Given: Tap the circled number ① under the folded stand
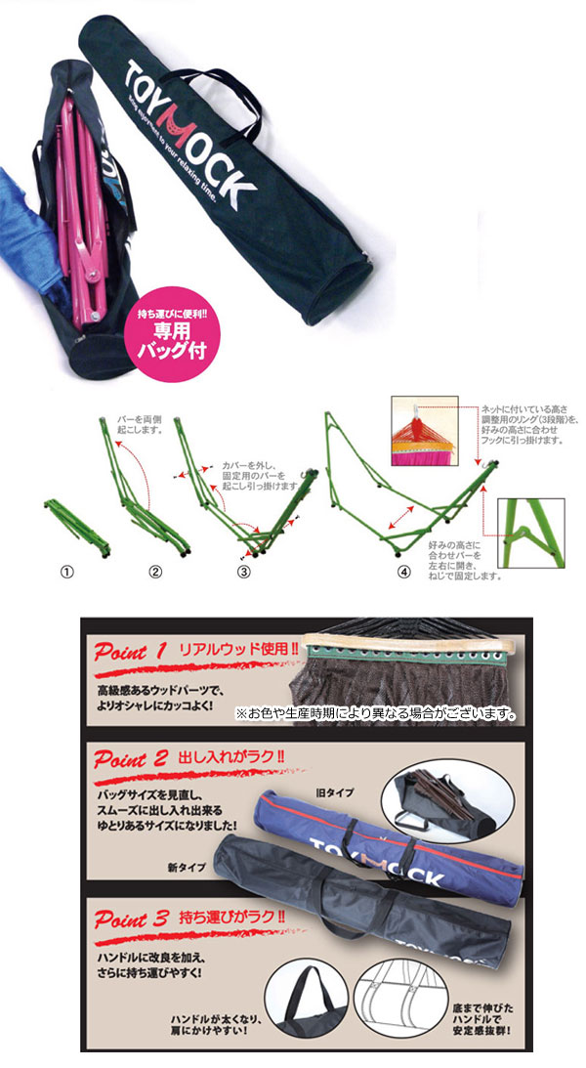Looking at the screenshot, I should [x=67, y=573].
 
